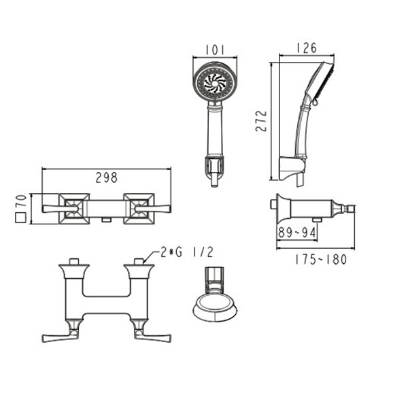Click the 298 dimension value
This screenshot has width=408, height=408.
(107, 177)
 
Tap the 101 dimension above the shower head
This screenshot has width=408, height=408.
(215, 50)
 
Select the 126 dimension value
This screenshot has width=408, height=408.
(307, 48)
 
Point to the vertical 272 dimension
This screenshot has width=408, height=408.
(261, 121)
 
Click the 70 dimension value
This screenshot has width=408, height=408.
(21, 201)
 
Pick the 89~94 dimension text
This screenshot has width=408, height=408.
(297, 233)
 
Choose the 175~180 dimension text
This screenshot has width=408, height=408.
(320, 260)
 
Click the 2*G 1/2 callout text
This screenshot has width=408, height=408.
(187, 252)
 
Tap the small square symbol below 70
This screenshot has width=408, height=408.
(20, 218)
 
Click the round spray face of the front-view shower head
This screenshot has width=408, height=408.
(215, 81)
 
